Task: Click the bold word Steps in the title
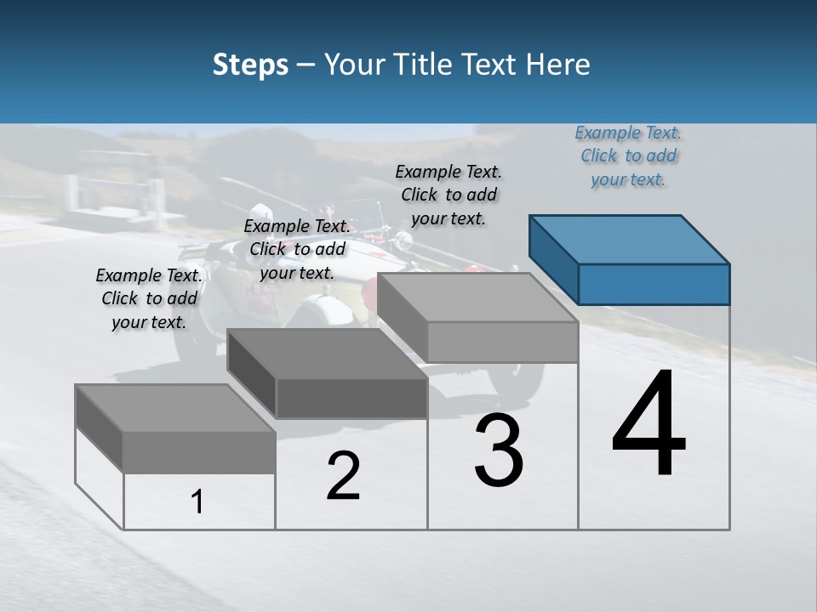tap(250, 65)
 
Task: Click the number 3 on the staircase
tap(499, 450)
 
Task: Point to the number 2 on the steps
tap(343, 476)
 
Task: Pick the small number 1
tap(197, 501)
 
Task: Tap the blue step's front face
tap(654, 284)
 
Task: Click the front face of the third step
tap(502, 343)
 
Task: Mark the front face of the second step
tap(351, 398)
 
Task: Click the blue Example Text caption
tap(628, 156)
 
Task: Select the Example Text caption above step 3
tap(448, 195)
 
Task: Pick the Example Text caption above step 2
tap(297, 249)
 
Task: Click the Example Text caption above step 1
tap(149, 298)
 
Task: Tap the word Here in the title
tap(559, 65)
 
